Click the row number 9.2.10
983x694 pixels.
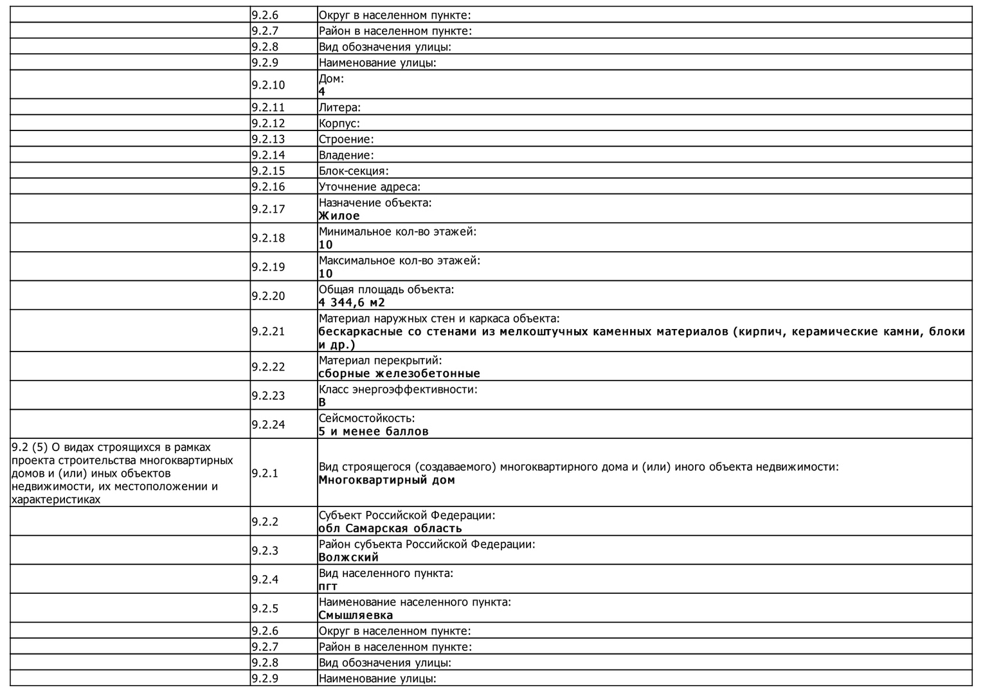click(x=267, y=85)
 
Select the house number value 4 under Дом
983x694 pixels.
click(x=322, y=92)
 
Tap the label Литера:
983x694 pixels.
click(x=339, y=107)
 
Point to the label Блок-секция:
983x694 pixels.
click(x=354, y=171)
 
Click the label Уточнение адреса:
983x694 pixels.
click(x=369, y=187)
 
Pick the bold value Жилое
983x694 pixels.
click(x=339, y=216)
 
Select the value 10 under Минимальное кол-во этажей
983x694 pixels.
click(x=326, y=245)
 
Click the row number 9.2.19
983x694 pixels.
click(x=267, y=267)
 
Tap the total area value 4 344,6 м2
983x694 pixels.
click(x=352, y=303)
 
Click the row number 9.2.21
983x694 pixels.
click(x=267, y=331)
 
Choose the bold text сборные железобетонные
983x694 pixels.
click(x=399, y=373)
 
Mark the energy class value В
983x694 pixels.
click(x=322, y=402)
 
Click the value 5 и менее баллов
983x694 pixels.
click(x=374, y=431)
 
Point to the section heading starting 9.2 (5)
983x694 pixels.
click(x=122, y=473)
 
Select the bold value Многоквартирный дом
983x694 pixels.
click(x=386, y=480)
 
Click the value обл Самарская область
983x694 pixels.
click(x=390, y=528)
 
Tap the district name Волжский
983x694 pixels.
click(x=348, y=557)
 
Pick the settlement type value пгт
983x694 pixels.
click(x=328, y=586)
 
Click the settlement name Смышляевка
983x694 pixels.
click(x=356, y=615)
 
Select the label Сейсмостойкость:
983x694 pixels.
click(x=366, y=418)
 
